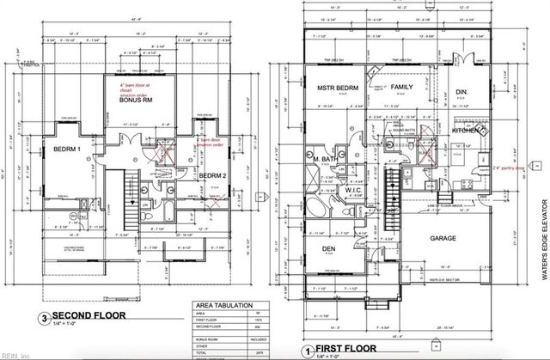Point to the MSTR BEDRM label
pos(338,88)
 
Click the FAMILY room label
pos(402,88)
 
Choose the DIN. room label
pos(460,92)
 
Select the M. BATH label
pos(325,160)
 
